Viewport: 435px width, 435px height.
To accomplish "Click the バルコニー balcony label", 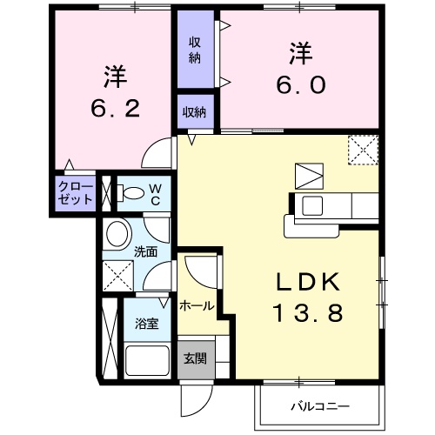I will (320, 406).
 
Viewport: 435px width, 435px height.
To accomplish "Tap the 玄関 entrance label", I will (195, 358).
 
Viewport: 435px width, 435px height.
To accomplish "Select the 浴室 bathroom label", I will (145, 324).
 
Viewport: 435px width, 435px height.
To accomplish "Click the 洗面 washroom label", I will (145, 253).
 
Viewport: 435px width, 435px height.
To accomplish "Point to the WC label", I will (154, 193).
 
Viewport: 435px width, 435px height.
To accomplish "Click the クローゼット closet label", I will (75, 193).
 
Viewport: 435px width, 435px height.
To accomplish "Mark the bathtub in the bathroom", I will (149, 359).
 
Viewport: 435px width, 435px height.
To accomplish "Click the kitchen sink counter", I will (334, 207).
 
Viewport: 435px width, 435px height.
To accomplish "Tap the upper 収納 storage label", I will (196, 50).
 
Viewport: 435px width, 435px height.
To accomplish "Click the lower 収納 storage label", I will (195, 111).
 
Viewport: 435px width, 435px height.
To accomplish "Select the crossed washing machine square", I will (117, 278).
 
